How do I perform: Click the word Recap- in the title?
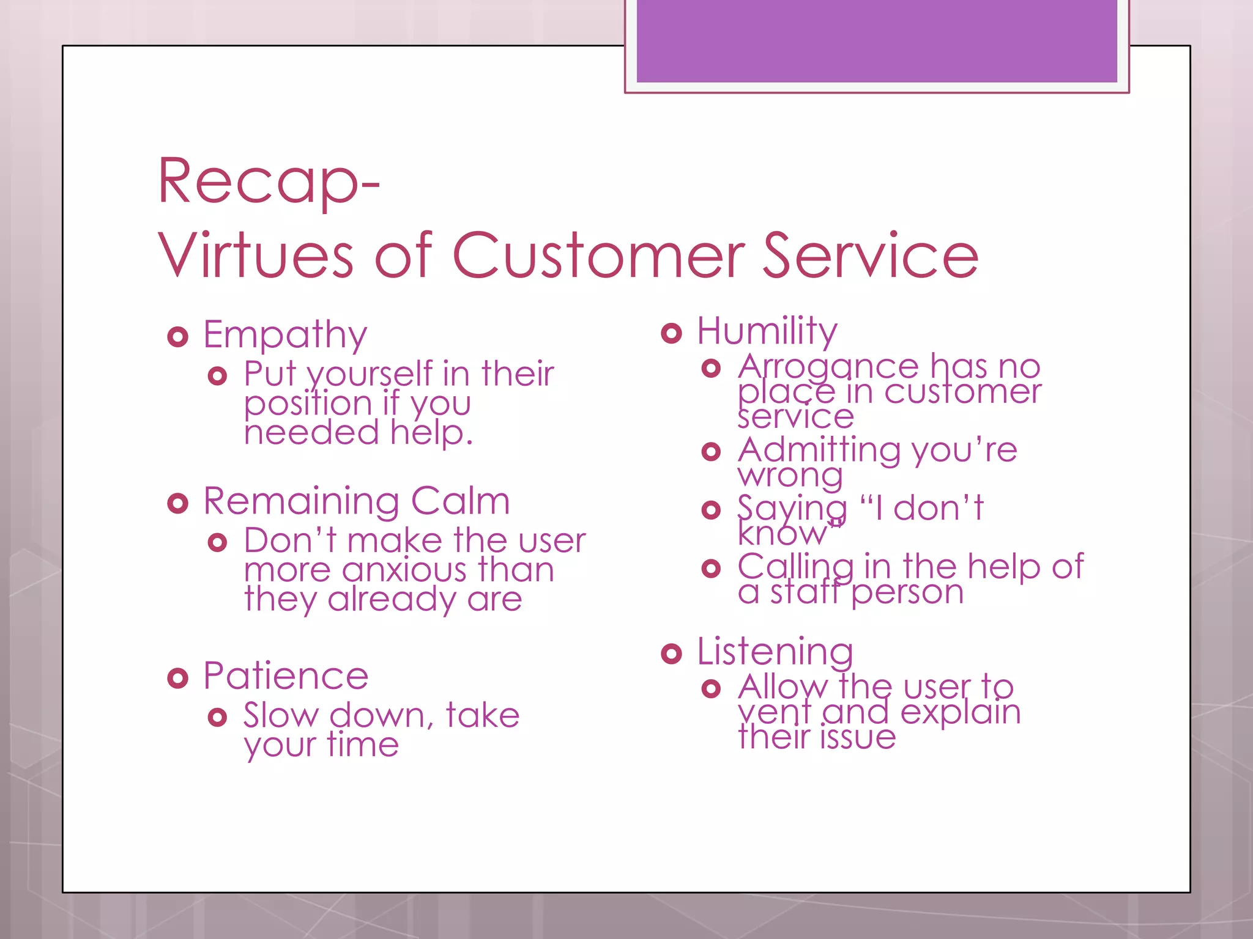point(269,182)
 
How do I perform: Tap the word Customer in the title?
point(598,256)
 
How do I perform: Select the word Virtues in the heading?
point(256,256)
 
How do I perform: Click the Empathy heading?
point(285,334)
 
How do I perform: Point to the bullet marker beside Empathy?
point(177,337)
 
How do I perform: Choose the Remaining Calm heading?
point(356,501)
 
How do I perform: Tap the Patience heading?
point(286,676)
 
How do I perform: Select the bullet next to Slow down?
point(217,717)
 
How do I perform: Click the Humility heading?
point(767,331)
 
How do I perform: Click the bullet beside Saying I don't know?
point(711,510)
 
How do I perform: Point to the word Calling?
point(795,567)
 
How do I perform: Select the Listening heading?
point(775,651)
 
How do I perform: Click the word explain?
point(960,712)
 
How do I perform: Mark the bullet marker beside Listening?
point(671,654)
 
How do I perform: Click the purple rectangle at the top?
point(876,40)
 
